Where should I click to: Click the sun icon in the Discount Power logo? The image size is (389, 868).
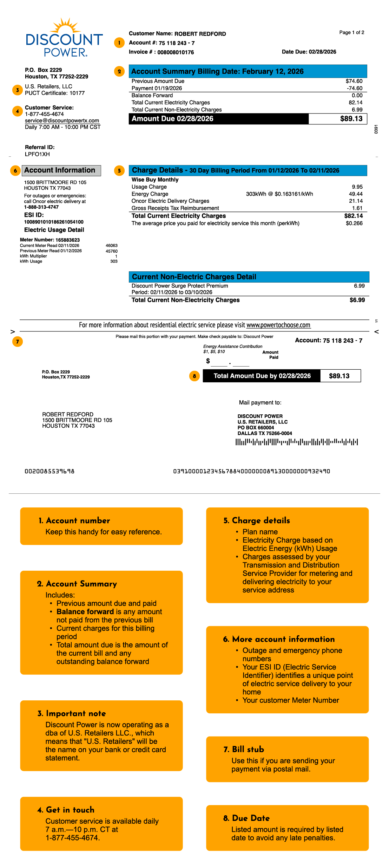pyautogui.click(x=65, y=26)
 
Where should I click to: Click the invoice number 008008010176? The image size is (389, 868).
pyautogui.click(x=176, y=52)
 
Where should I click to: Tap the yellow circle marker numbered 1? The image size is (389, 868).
pyautogui.click(x=119, y=43)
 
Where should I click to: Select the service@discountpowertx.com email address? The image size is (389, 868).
pyautogui.click(x=62, y=121)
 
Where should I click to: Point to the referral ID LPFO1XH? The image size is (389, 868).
pyautogui.click(x=37, y=154)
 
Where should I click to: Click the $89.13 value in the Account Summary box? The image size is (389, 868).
pyautogui.click(x=351, y=119)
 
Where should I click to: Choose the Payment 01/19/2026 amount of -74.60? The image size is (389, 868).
pyautogui.click(x=355, y=88)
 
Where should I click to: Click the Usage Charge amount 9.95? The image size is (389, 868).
pyautogui.click(x=357, y=187)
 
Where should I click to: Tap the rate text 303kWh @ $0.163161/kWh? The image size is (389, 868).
pyautogui.click(x=279, y=194)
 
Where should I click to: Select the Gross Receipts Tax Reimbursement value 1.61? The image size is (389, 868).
pyautogui.click(x=357, y=208)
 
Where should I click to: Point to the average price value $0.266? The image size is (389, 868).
pyautogui.click(x=354, y=223)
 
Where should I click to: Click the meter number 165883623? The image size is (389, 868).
pyautogui.click(x=67, y=240)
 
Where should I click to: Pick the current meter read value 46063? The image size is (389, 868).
pyautogui.click(x=112, y=246)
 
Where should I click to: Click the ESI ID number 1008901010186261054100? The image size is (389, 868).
pyautogui.click(x=54, y=222)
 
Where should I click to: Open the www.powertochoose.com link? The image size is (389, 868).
pyautogui.click(x=278, y=325)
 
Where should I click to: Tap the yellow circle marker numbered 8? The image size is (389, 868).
pyautogui.click(x=194, y=376)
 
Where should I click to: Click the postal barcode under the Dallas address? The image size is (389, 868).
pyautogui.click(x=297, y=442)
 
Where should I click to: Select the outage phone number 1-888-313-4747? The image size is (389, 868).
pyautogui.click(x=41, y=207)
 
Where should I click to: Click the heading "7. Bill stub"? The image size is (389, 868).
pyautogui.click(x=244, y=749)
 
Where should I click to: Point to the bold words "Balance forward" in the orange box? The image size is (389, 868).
pyautogui.click(x=85, y=611)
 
